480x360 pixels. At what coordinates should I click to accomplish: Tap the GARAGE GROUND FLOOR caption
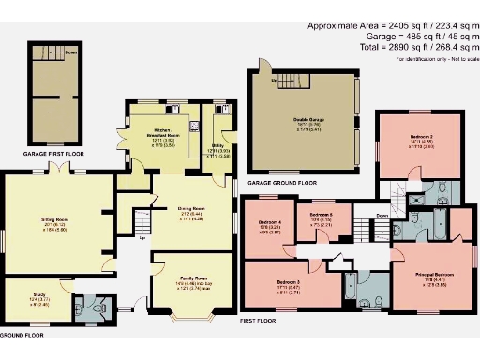pyautogui.click(x=282, y=183)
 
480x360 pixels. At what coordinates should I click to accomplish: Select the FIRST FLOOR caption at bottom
pyautogui.click(x=260, y=320)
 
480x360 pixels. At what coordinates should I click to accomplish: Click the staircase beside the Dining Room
pyautogui.click(x=142, y=223)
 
